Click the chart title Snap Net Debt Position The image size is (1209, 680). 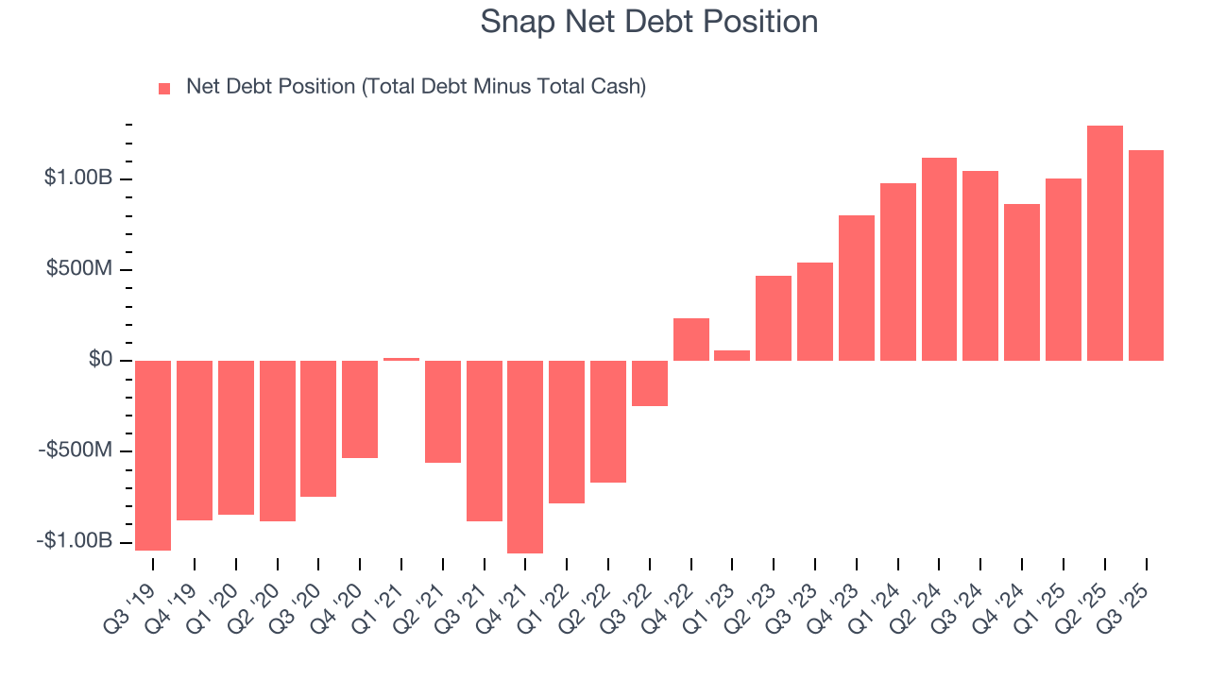coord(649,21)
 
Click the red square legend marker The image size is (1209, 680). coord(164,88)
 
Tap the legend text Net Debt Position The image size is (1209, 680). coord(416,87)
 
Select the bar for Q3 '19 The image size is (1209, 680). coord(153,455)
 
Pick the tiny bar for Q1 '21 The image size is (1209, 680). coord(401,359)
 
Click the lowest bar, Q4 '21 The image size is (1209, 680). coord(525,456)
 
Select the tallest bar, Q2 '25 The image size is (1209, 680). coord(1104,243)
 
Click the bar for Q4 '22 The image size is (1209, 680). coord(691,340)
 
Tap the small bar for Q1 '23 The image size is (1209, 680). coord(732,355)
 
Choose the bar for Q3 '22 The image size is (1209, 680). coord(650,383)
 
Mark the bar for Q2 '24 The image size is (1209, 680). coord(939,259)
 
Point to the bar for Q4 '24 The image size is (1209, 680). coord(1022,282)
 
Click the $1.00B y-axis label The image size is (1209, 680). coord(77,178)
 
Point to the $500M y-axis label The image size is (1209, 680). coord(79,269)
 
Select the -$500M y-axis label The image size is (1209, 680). coord(76,450)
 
